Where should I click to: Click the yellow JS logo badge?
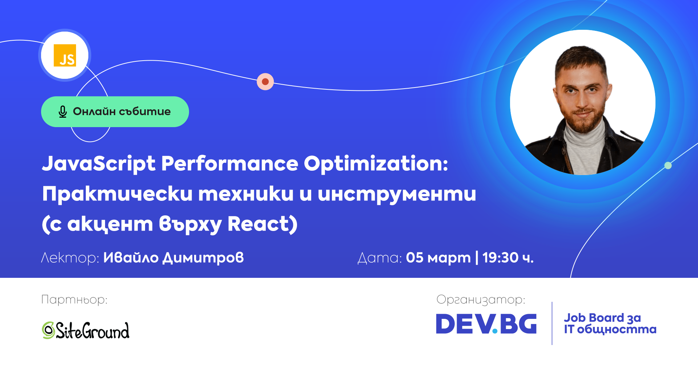point(65,55)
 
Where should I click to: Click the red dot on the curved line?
point(265,82)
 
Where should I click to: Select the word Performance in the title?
point(230,163)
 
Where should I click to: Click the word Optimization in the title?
point(376,164)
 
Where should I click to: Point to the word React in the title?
point(258,224)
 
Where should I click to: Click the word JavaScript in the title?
point(99,164)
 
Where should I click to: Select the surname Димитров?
point(203,258)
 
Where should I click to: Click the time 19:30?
point(500,258)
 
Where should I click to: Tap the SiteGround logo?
point(85,330)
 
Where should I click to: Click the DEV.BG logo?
point(486,324)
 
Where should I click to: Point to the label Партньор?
point(75,300)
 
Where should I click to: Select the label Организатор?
point(481,300)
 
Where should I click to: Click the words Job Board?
point(594,318)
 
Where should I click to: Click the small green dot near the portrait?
point(668,166)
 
